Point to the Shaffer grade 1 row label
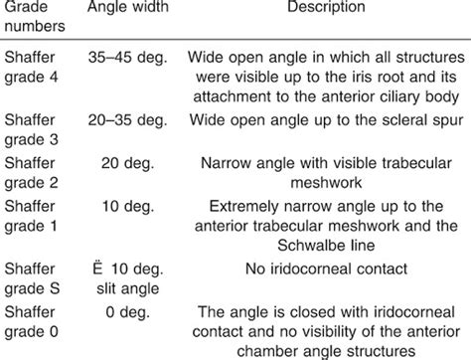[32, 216]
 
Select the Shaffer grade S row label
[32, 273]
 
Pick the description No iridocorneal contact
[325, 266]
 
